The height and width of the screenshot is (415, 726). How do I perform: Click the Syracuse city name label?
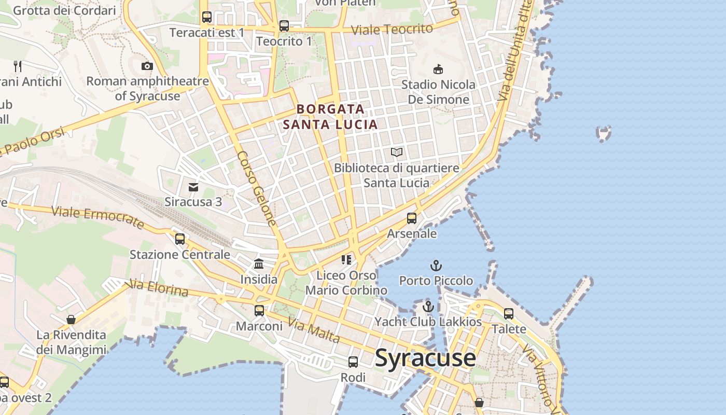(425, 358)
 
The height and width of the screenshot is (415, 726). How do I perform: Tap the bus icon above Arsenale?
(412, 218)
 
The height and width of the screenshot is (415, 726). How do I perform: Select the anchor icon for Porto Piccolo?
(436, 266)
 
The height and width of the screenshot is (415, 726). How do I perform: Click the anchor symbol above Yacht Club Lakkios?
(428, 307)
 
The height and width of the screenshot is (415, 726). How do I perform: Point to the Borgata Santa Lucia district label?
(330, 117)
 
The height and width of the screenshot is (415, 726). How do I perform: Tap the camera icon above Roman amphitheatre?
(147, 66)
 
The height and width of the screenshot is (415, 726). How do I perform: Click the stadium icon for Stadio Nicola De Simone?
(438, 69)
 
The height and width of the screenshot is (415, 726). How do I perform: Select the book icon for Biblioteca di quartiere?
(397, 153)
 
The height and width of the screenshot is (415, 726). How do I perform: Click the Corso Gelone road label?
(257, 189)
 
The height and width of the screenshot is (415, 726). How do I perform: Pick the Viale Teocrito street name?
(392, 30)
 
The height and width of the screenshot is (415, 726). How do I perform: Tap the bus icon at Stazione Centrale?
(180, 239)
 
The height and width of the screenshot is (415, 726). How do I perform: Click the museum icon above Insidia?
(259, 264)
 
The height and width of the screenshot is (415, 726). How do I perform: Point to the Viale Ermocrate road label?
(97, 217)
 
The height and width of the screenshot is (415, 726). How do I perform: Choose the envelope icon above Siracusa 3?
(193, 187)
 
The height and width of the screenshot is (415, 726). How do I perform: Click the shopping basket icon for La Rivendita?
(71, 320)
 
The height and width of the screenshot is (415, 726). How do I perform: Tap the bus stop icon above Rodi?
(353, 362)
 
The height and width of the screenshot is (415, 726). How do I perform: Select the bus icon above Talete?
(509, 314)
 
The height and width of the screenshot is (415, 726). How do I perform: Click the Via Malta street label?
(314, 332)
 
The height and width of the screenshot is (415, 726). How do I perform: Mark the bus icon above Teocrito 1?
(284, 25)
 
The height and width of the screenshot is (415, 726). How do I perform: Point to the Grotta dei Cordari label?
(64, 10)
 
